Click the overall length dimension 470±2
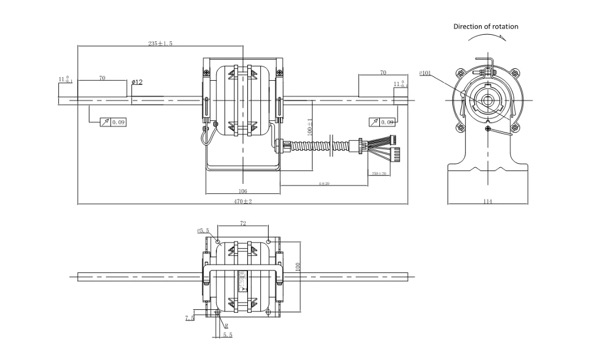(x=243, y=202)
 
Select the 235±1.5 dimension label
(x=160, y=44)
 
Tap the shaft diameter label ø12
(x=137, y=82)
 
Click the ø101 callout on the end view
(x=425, y=74)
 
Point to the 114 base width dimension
(x=488, y=202)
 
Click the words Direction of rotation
(x=486, y=27)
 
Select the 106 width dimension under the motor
(x=243, y=191)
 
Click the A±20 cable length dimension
(x=323, y=184)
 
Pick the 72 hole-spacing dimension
(x=243, y=223)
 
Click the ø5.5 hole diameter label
(x=204, y=230)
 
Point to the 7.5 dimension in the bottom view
(x=190, y=318)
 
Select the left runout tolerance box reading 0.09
(x=114, y=123)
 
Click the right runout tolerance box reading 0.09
(x=382, y=122)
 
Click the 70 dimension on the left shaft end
(x=102, y=78)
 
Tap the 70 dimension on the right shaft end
(x=383, y=72)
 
